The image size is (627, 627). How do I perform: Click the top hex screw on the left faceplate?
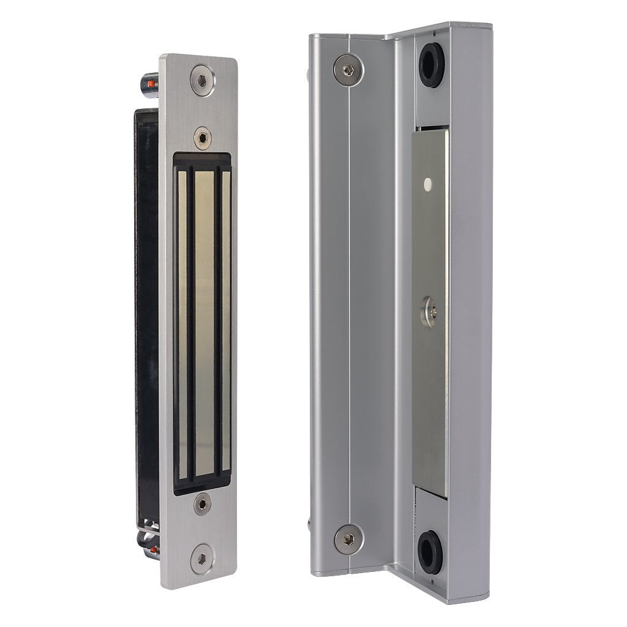[202, 80]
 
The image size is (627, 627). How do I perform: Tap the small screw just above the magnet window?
[202, 138]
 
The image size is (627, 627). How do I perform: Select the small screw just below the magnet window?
[202, 503]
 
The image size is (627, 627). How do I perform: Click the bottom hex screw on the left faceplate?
[202, 559]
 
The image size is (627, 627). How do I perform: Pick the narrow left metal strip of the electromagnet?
[182, 325]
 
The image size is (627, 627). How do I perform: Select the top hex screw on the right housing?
[348, 70]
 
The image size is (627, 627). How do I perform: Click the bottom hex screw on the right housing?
[348, 539]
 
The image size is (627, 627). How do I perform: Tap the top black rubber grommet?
[431, 65]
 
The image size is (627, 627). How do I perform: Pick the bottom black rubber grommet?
[430, 552]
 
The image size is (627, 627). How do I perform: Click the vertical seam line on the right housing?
[349, 306]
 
